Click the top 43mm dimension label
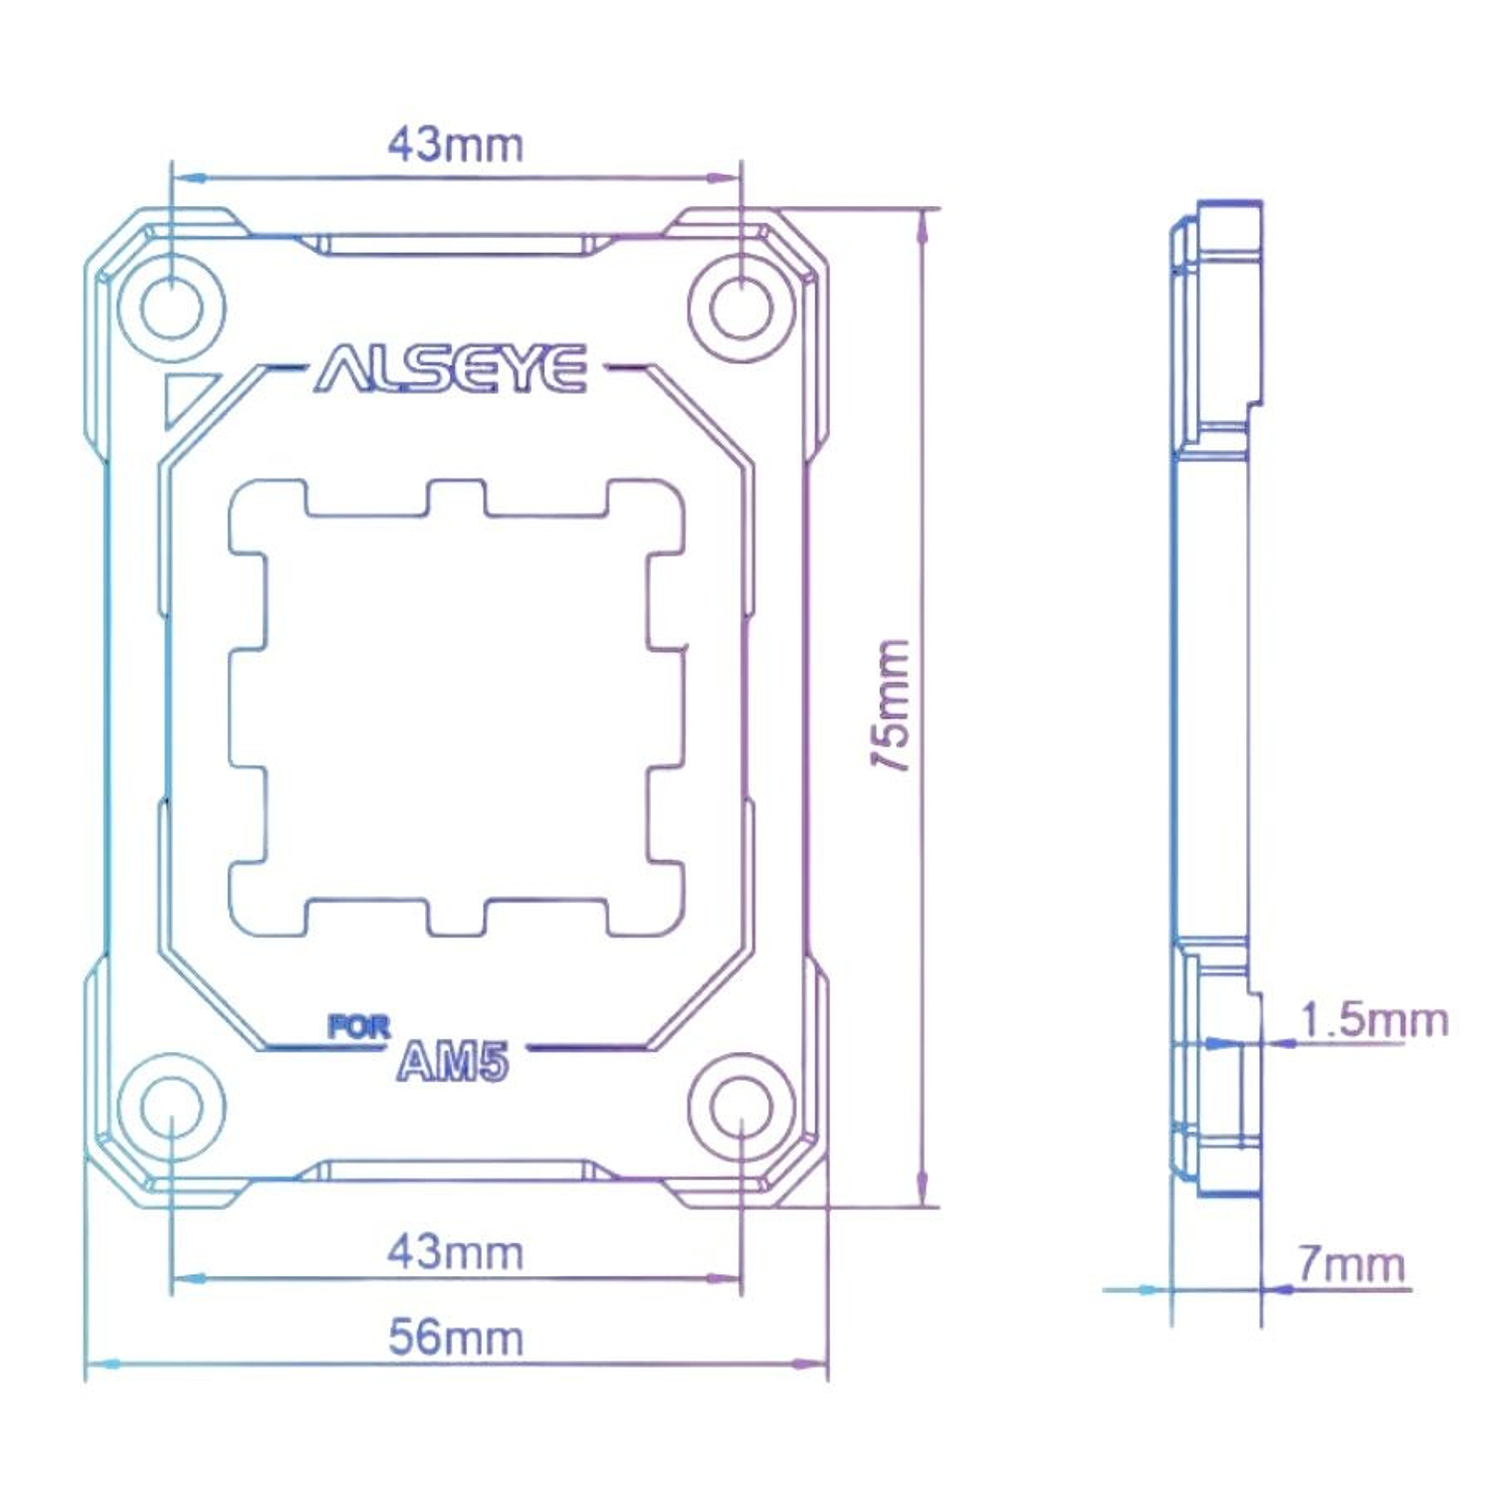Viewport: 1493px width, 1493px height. point(455,145)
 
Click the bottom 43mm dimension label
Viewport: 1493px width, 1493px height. point(455,1252)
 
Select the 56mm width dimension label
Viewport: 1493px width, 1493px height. point(455,1338)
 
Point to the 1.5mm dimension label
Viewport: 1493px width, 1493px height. point(1374,1020)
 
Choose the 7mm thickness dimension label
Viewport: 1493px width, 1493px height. point(1351,1264)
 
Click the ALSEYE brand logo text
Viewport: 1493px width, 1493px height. point(451,369)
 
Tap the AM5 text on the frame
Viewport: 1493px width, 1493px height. point(453,1062)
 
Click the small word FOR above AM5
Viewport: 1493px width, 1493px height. point(359,1027)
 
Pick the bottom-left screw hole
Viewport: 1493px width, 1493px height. point(171,1107)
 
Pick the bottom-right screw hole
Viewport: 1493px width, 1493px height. point(742,1107)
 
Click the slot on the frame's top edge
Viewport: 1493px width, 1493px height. point(456,245)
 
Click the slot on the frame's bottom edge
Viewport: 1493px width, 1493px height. point(456,1171)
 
